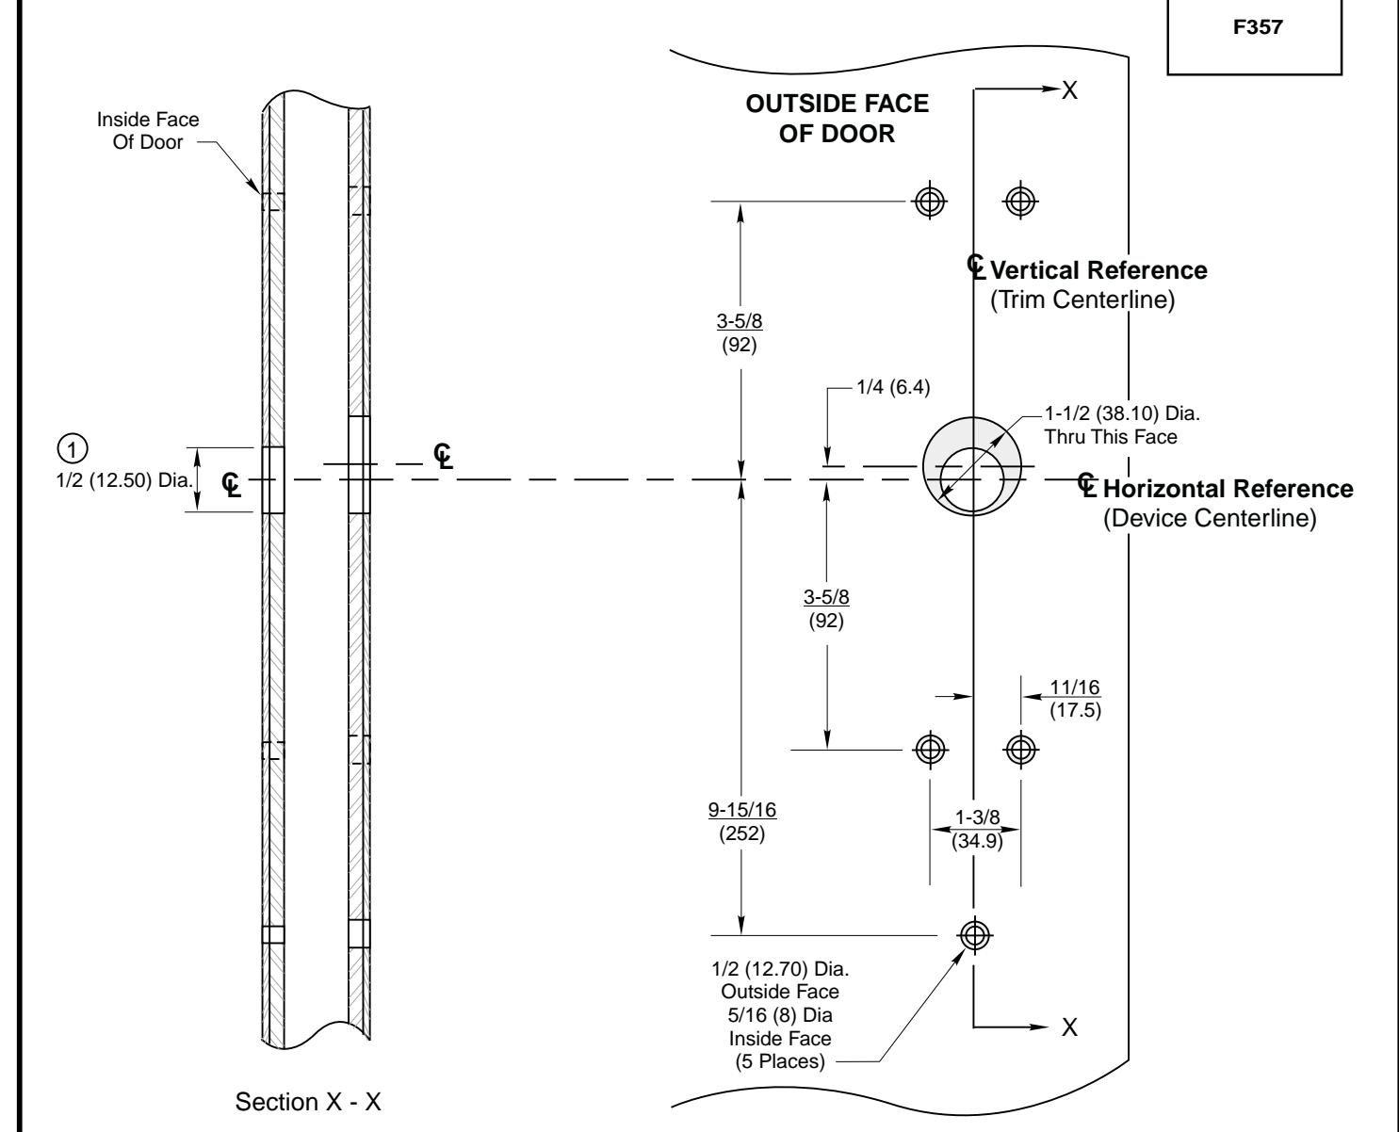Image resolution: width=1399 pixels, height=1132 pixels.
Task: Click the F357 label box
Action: (x=1254, y=29)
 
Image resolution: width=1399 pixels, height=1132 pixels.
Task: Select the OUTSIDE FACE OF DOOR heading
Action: (x=837, y=120)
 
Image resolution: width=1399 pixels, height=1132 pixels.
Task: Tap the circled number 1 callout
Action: (x=68, y=445)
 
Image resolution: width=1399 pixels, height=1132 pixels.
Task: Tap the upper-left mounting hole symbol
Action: (x=931, y=201)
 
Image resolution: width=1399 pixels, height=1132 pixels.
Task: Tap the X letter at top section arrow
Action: (x=1069, y=89)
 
